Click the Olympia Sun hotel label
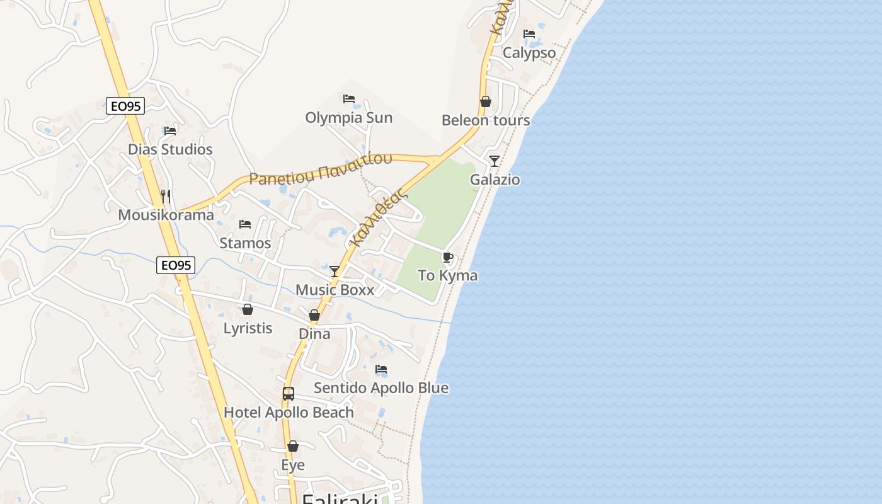348,118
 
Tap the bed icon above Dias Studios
170,131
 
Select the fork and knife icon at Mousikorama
166,197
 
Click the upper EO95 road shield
125,106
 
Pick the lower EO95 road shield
176,265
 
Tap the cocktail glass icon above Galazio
495,161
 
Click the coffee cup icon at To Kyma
447,257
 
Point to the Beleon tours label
486,120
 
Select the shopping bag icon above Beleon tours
486,101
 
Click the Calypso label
529,53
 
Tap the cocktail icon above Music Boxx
335,272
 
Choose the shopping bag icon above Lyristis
248,310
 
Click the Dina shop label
314,333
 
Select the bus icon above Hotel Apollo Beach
289,394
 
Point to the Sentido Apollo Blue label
381,387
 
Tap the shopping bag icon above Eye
293,447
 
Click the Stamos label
245,243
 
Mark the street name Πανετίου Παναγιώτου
321,169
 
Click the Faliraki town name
340,499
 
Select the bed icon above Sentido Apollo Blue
381,369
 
